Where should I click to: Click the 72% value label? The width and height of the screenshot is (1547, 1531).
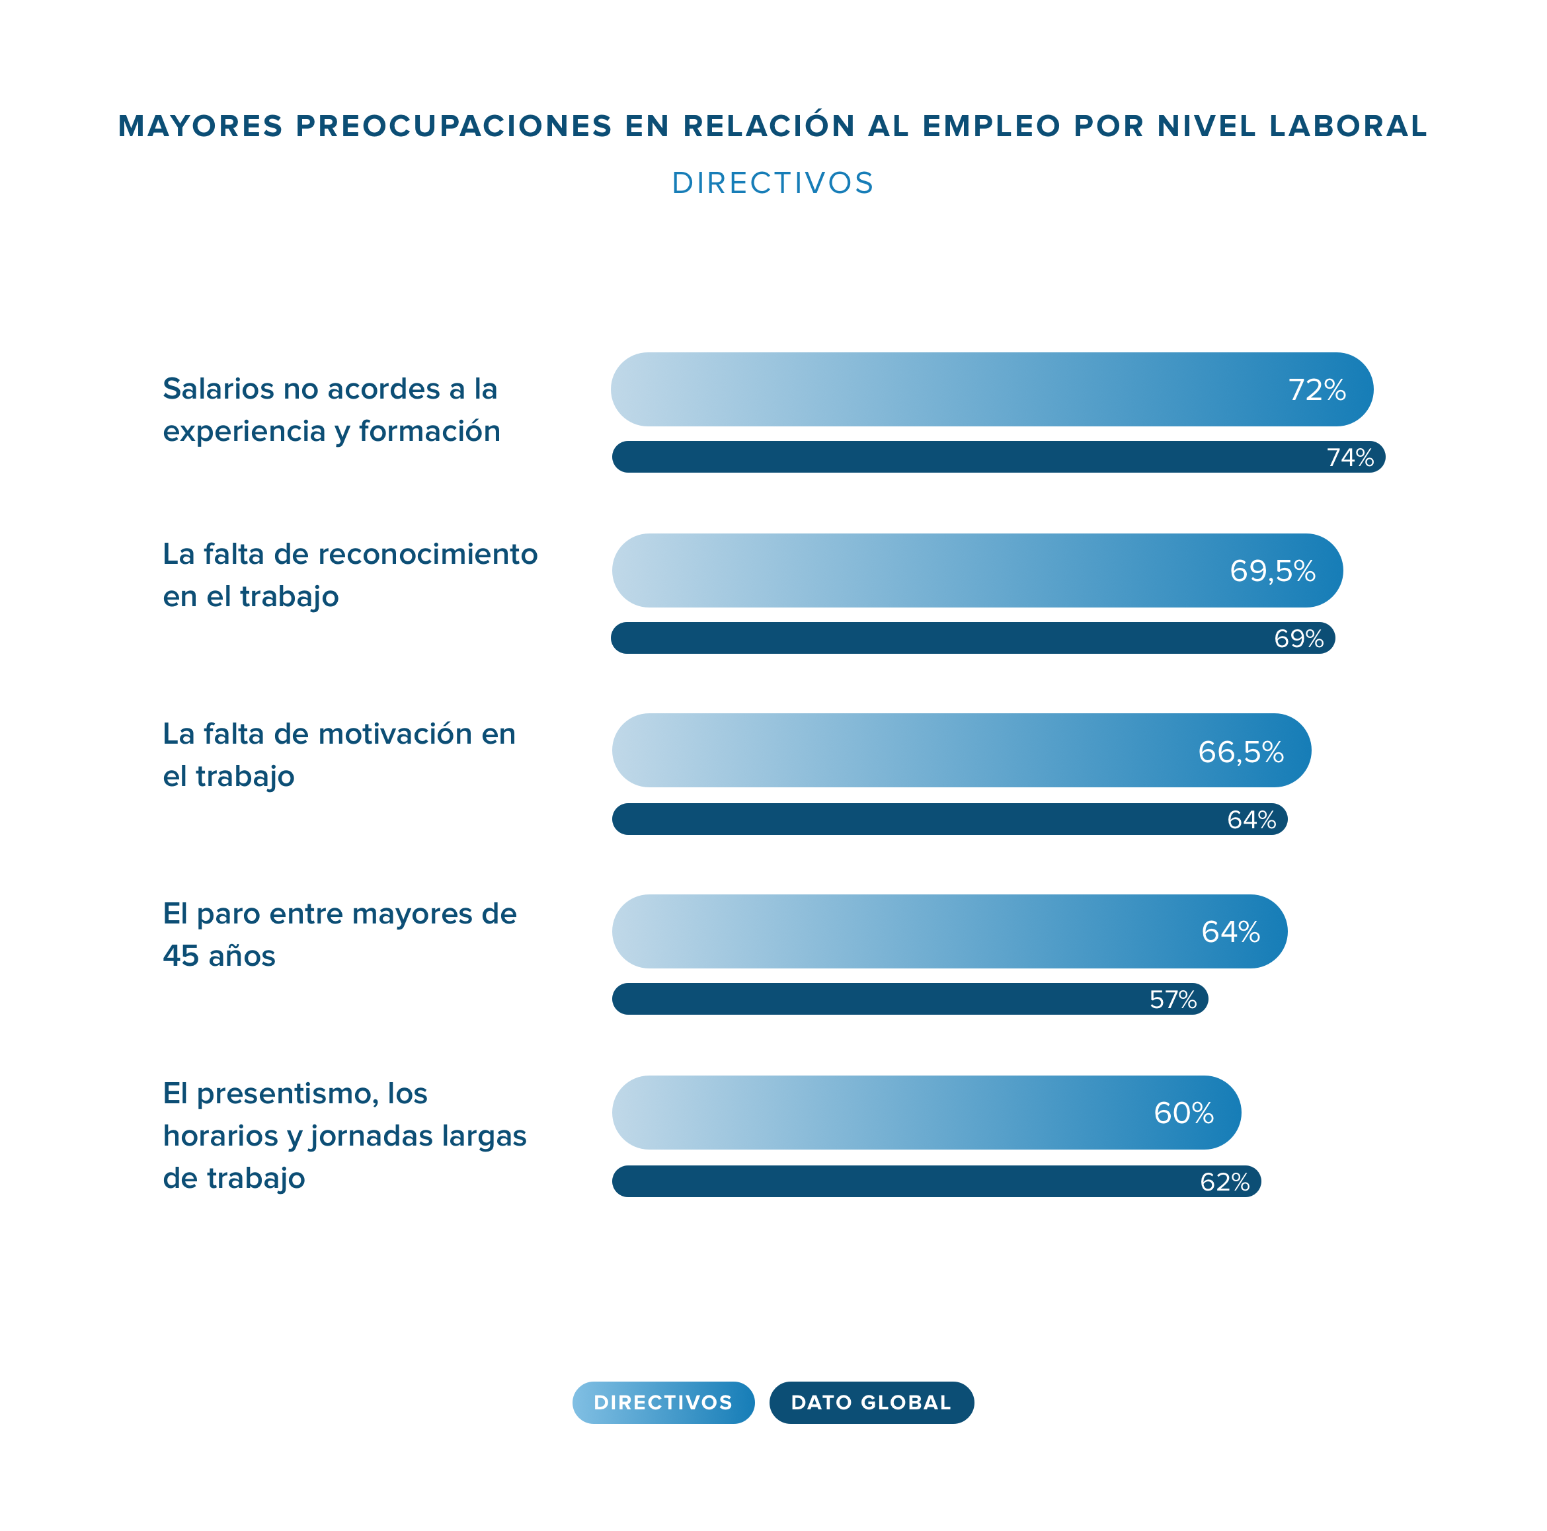1316,390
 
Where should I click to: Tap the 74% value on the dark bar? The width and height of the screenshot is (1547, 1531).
1350,457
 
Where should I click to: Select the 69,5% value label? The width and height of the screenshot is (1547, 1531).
1273,571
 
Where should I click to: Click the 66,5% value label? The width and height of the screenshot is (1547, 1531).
1240,752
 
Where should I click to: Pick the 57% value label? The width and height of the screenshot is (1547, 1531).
1173,1000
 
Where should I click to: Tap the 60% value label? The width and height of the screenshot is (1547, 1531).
1183,1113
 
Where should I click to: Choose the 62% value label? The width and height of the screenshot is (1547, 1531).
1224,1182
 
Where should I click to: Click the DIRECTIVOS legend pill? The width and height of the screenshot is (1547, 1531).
663,1402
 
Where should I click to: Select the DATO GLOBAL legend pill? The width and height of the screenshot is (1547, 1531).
871,1402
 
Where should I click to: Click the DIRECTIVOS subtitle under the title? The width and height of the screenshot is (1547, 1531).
773,183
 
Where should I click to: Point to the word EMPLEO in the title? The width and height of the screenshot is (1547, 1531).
991,126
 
